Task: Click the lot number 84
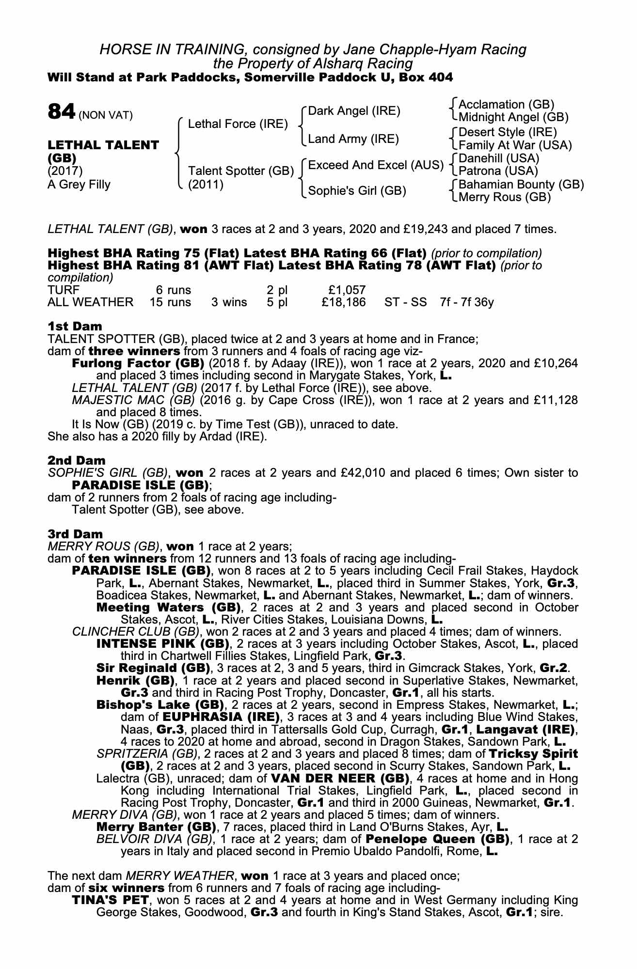coord(62,112)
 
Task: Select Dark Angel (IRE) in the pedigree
coord(354,111)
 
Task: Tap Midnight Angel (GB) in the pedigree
coord(513,117)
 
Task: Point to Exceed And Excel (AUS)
coord(376,165)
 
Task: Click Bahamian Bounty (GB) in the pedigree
coord(521,185)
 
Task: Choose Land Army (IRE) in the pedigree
coord(353,139)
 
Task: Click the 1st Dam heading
coord(75,326)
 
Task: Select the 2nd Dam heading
coord(76,460)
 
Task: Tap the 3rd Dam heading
coord(75,534)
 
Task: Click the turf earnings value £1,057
coord(347,290)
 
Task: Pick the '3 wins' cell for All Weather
coord(229,302)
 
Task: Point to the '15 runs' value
coord(170,302)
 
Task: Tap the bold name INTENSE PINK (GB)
coord(163,644)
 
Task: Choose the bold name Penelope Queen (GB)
coord(437,839)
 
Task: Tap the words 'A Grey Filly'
coord(79,185)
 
